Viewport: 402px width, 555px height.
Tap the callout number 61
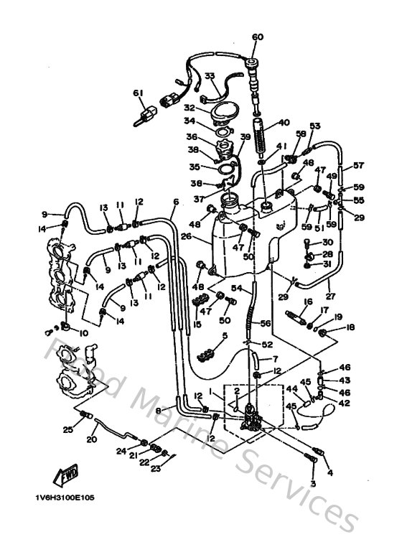(x=139, y=93)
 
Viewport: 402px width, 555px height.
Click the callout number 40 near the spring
(x=284, y=122)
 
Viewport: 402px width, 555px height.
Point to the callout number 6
(x=176, y=202)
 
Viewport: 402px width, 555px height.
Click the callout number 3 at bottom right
(x=312, y=483)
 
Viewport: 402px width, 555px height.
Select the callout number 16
(x=309, y=302)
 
